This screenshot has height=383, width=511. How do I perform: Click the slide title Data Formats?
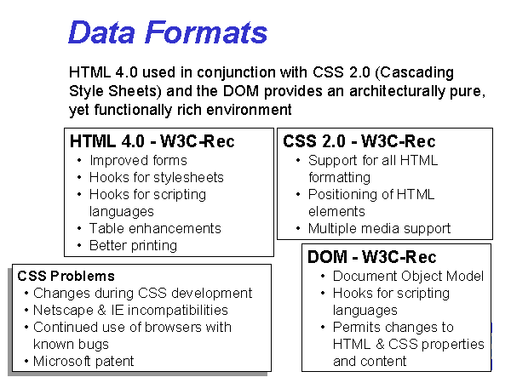pos(168,32)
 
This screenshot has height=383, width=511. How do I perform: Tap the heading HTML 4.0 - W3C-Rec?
pos(152,141)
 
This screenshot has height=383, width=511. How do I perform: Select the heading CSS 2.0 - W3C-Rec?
pos(359,141)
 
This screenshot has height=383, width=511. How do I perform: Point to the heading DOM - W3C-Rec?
pos(372,257)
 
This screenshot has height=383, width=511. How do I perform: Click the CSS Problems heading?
pos(66,276)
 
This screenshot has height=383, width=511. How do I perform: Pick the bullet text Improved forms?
pos(138,161)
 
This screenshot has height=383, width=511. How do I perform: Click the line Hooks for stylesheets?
pos(157,178)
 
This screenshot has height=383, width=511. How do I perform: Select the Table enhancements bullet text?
pos(155,228)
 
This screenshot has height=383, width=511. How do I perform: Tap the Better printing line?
pos(134,246)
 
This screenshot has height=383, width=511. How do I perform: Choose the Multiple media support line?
pos(379,229)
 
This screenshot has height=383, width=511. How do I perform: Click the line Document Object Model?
pos(408,276)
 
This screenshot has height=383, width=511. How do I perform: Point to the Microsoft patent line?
pos(83,361)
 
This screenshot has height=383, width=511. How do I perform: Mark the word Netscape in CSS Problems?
pos(63,311)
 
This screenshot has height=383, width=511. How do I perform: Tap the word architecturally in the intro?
pos(397,91)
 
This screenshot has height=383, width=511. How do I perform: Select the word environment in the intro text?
pos(249,110)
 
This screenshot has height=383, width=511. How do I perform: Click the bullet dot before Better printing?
pos(79,246)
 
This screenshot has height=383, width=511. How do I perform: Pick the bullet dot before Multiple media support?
pos(298,229)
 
